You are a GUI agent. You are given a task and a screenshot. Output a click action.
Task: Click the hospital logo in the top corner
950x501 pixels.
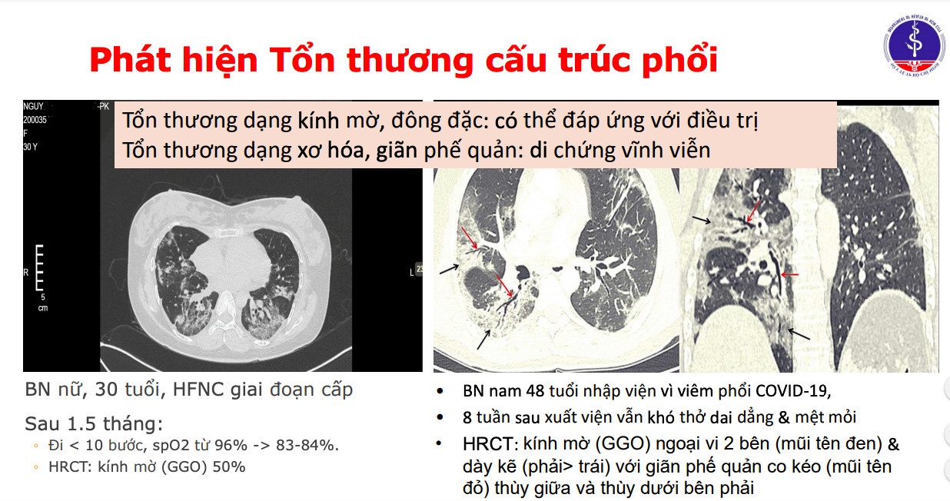point(915,48)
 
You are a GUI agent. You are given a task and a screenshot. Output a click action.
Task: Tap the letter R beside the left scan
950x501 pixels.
point(28,273)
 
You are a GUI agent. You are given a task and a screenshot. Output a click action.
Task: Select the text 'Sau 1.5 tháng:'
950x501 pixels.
point(94,424)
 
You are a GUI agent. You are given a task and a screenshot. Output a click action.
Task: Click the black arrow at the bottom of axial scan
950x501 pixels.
point(484,339)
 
